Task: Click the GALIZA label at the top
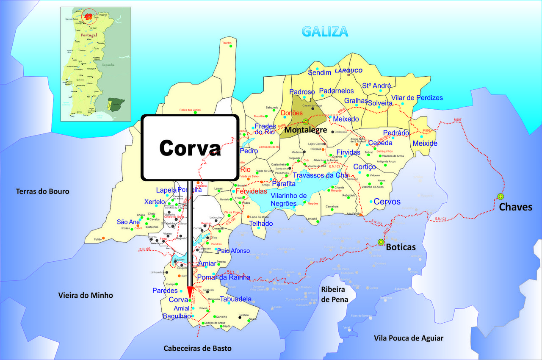click(x=325, y=31)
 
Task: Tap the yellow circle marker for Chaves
click(x=501, y=197)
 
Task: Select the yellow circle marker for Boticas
click(x=381, y=242)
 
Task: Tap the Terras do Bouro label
click(x=42, y=191)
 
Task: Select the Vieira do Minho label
click(x=86, y=295)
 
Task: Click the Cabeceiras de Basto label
click(x=198, y=348)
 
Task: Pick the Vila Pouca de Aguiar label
click(x=409, y=338)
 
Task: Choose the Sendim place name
click(x=319, y=73)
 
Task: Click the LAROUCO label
click(x=348, y=70)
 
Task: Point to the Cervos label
click(x=387, y=202)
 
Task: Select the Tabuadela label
click(x=235, y=299)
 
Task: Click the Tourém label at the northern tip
click(x=227, y=43)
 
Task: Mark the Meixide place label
click(x=425, y=144)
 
